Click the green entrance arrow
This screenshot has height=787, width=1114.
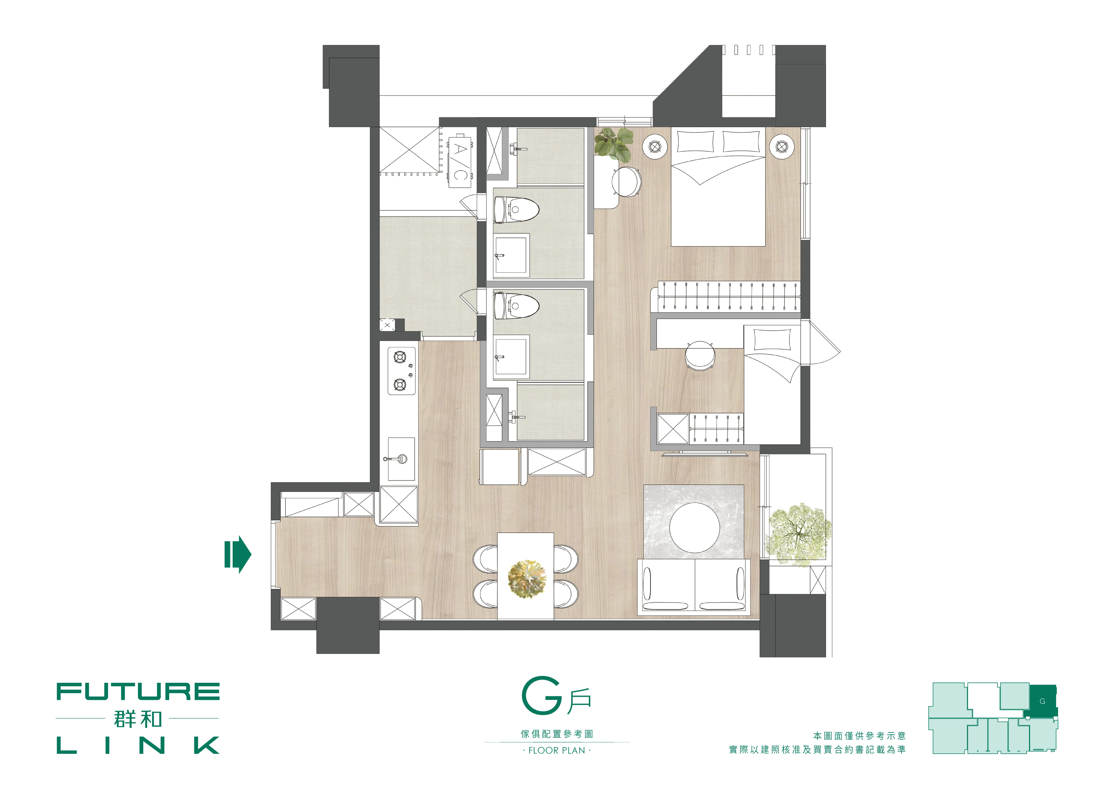[x=238, y=554]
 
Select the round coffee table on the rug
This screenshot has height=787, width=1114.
[x=694, y=527]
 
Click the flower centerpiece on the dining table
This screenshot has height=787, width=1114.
[x=526, y=579]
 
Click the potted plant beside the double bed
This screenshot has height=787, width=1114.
[x=614, y=144]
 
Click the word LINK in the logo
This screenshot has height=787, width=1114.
[x=138, y=745]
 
